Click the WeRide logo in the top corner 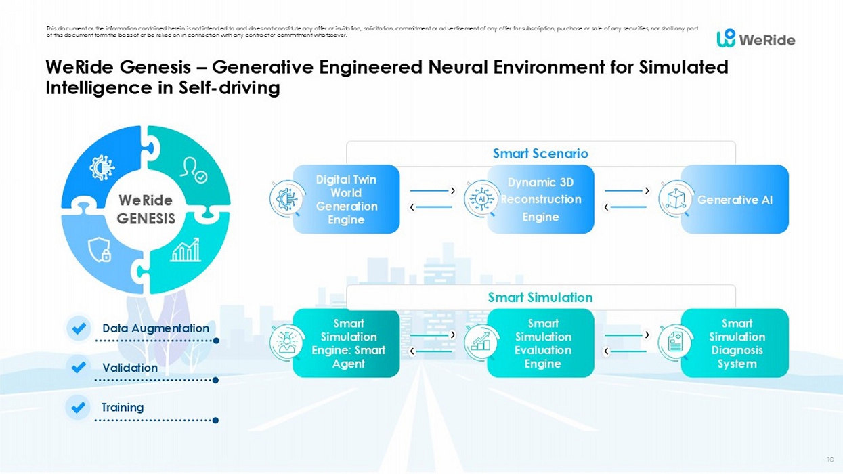point(756,39)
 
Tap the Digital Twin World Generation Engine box point(346,199)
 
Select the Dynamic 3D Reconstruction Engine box point(540,199)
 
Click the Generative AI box point(735,200)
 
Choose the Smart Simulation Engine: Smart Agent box point(348,343)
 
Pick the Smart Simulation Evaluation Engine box point(542,343)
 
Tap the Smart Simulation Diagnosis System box point(737,343)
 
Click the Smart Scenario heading point(540,154)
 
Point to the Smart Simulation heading point(540,297)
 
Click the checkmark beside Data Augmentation point(79,328)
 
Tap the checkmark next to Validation point(79,368)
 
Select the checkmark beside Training point(79,407)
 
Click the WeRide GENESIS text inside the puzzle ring point(146,209)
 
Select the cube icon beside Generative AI point(675,199)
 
